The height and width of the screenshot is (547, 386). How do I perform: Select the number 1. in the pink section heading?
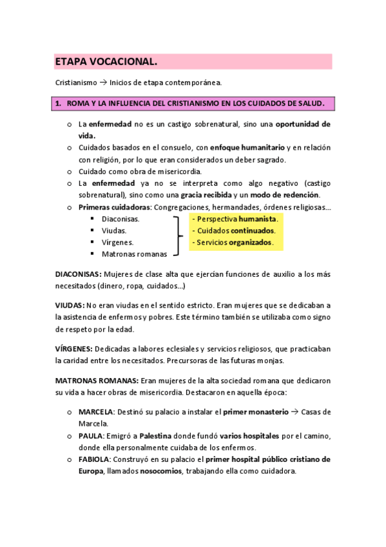(x=59, y=103)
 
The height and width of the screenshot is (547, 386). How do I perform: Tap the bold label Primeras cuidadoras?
(x=114, y=207)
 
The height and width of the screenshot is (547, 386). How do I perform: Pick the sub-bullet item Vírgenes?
(x=117, y=243)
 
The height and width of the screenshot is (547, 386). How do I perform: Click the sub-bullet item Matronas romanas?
(x=134, y=254)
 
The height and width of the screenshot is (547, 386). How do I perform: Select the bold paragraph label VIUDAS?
(x=70, y=304)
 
